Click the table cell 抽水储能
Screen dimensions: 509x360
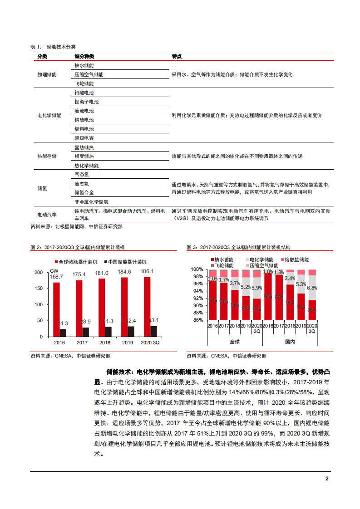click(x=84, y=65)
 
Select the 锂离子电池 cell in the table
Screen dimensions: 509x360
click(x=86, y=102)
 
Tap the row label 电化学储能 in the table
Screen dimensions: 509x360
click(x=49, y=115)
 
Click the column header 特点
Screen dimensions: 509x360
click(x=177, y=56)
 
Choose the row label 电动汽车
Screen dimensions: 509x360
click(x=47, y=214)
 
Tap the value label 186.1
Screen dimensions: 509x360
click(x=147, y=272)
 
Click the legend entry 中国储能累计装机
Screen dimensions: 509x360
click(x=128, y=262)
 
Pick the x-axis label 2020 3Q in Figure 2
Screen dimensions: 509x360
click(x=150, y=343)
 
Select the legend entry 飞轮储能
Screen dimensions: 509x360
click(x=224, y=265)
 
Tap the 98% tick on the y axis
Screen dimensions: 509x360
click(x=199, y=277)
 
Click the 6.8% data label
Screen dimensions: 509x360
click(x=312, y=288)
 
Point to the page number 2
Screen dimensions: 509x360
click(x=327, y=479)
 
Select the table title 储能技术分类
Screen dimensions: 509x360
click(x=61, y=47)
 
